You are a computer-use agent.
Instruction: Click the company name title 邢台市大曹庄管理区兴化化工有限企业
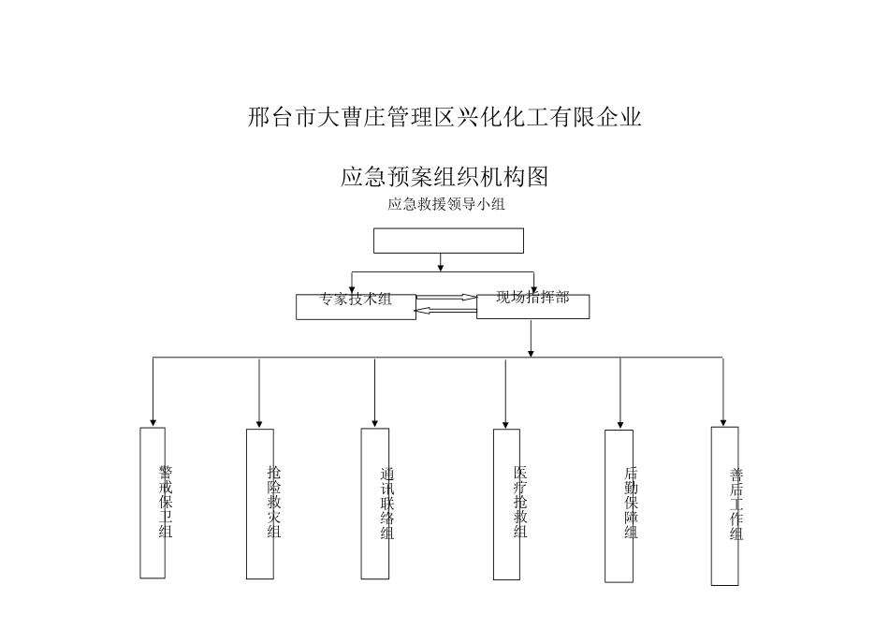coord(444,118)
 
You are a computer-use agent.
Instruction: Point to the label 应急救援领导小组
coord(446,204)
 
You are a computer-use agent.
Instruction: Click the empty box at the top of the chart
coord(448,241)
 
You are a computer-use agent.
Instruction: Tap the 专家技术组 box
coord(356,306)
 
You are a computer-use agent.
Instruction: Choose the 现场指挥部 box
coord(532,305)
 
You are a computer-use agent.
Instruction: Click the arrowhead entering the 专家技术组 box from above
coord(352,288)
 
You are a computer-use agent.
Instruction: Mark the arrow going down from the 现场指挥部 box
coord(531,339)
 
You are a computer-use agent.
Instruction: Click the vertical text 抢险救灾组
coord(273,502)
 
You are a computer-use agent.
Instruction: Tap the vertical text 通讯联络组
coord(386,503)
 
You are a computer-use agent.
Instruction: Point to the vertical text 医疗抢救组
coord(519,502)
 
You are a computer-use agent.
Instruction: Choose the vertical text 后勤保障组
coord(631,503)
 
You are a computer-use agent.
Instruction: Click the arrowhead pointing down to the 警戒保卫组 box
coord(153,422)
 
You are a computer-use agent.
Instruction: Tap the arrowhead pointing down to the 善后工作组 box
coord(723,421)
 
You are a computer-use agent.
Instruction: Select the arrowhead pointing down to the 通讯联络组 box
coord(375,422)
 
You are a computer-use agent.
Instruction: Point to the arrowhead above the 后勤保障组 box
coord(619,423)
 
